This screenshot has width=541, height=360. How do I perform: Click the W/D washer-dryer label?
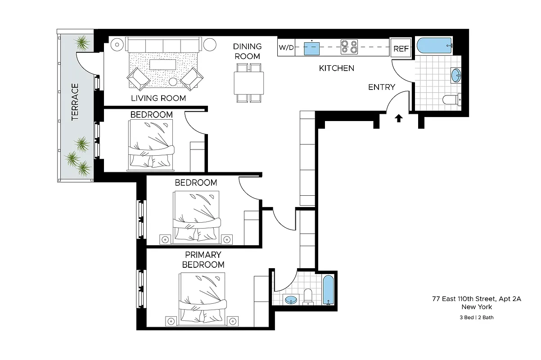[x=286, y=48]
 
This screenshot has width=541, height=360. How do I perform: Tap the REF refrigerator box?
[x=401, y=49]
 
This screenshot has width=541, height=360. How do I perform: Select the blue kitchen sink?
[x=312, y=48]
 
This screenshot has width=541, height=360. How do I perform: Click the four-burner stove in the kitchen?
[x=349, y=47]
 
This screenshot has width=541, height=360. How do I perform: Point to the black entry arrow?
[x=398, y=118]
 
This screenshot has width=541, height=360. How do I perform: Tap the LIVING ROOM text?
[x=158, y=98]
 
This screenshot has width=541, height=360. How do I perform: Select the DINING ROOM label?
[x=247, y=51]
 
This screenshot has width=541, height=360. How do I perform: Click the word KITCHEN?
[x=336, y=68]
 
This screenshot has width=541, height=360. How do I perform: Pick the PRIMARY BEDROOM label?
[x=203, y=260]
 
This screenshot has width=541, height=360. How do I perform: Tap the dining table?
[x=248, y=82]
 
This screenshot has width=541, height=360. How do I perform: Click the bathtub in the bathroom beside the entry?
[x=434, y=45]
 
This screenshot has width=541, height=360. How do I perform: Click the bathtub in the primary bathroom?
[x=329, y=290]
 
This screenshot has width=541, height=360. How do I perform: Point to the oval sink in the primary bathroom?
[x=292, y=299]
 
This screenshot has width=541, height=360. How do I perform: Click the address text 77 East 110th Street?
[x=476, y=298]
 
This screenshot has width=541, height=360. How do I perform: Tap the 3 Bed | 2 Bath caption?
[x=476, y=317]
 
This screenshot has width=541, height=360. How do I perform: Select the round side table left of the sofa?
[x=117, y=44]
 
